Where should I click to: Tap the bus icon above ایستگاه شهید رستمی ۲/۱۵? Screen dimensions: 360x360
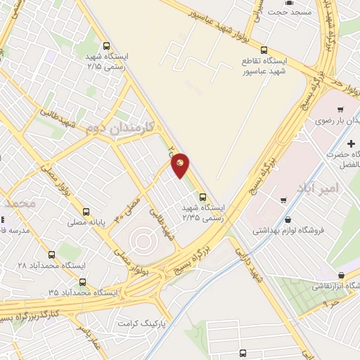point(105,42)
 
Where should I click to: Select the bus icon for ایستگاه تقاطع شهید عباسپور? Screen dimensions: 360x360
point(264,50)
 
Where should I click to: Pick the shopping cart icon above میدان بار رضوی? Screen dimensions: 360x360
point(340,109)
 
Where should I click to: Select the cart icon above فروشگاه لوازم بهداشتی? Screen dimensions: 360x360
point(283,200)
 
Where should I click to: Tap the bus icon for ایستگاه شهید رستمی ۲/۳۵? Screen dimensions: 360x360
point(202,197)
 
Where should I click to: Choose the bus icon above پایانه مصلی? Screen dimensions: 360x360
point(86,210)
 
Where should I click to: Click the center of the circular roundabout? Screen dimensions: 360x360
point(143,241)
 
